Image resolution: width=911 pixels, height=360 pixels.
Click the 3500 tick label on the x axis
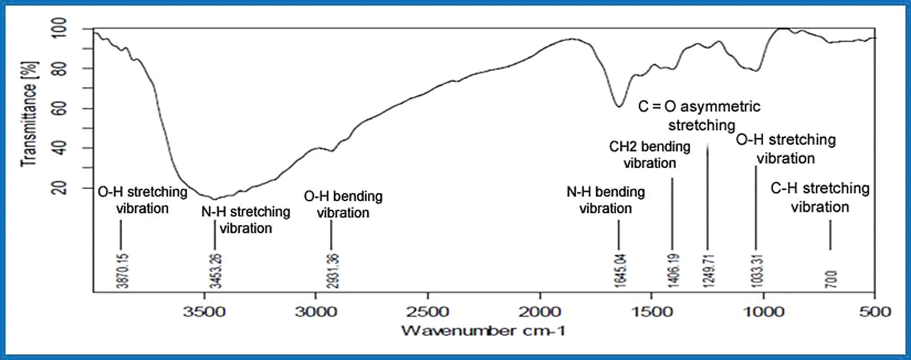point(204,311)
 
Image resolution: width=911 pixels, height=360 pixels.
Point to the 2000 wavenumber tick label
point(540,311)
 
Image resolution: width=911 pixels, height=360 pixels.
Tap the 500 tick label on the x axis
point(875,311)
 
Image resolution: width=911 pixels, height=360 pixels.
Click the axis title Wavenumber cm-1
point(484,331)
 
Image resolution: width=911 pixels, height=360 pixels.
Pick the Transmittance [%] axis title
point(28,114)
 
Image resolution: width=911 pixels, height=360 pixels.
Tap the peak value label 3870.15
point(122,271)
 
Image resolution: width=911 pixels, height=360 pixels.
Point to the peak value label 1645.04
point(620,271)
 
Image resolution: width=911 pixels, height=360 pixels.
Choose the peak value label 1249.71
point(709,271)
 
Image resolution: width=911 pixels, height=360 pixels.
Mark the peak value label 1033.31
point(757,271)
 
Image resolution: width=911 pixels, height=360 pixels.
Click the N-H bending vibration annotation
point(606,200)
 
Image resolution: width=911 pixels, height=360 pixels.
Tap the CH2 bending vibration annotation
point(650,155)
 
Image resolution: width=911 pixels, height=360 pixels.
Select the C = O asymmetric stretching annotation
point(700,115)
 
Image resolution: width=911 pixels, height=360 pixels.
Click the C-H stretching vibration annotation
point(820,197)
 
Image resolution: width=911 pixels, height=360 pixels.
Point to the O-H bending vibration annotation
point(343,204)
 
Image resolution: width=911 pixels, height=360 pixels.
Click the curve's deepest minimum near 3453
point(214,199)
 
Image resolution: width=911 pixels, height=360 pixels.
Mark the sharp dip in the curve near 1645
point(619,106)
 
